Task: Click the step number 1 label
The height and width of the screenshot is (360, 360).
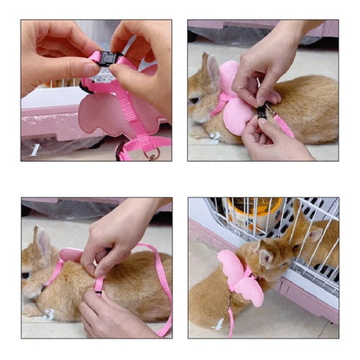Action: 35,149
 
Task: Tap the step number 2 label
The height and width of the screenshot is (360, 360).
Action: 215,137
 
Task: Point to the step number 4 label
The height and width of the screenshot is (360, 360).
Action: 220,323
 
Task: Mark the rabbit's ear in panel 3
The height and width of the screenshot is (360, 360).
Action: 38,237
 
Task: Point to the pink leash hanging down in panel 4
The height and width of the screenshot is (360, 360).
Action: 229,316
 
